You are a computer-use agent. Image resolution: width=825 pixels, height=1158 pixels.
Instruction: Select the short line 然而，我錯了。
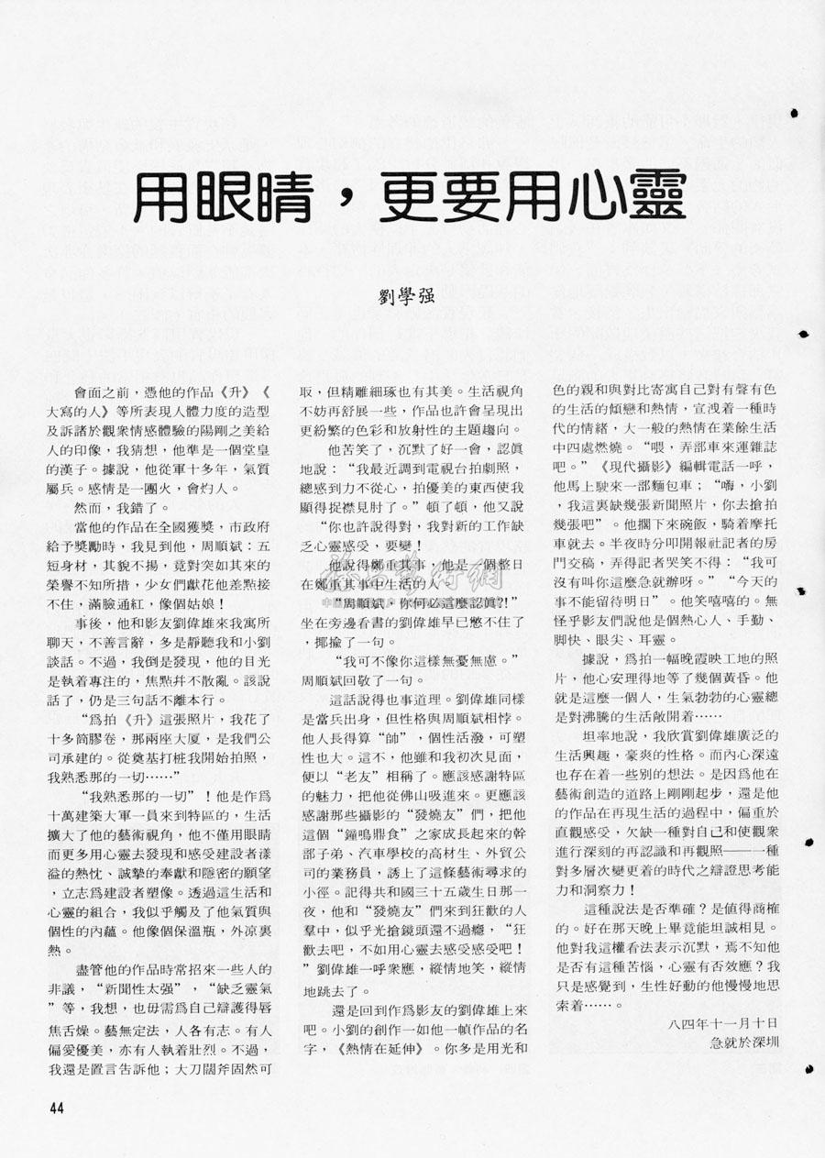point(124,505)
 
